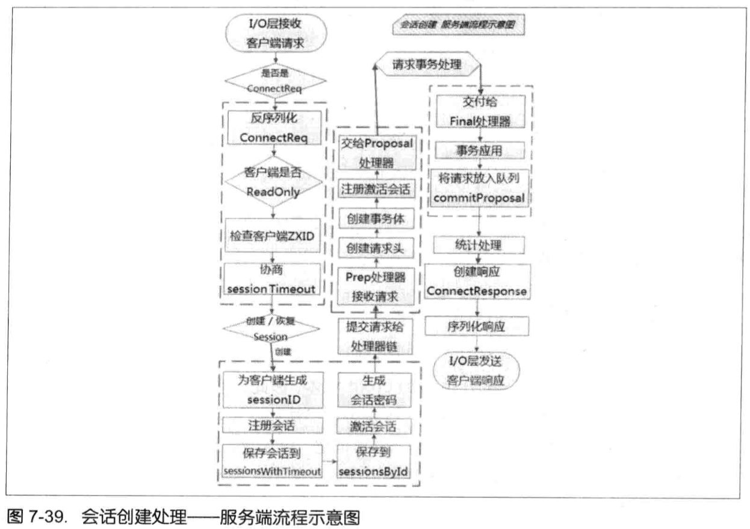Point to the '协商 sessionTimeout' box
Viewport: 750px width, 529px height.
click(272, 280)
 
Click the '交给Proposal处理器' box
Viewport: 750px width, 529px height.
click(376, 153)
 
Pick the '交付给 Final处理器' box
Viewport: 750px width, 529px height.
click(480, 111)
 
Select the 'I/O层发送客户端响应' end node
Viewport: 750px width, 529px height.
click(477, 372)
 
